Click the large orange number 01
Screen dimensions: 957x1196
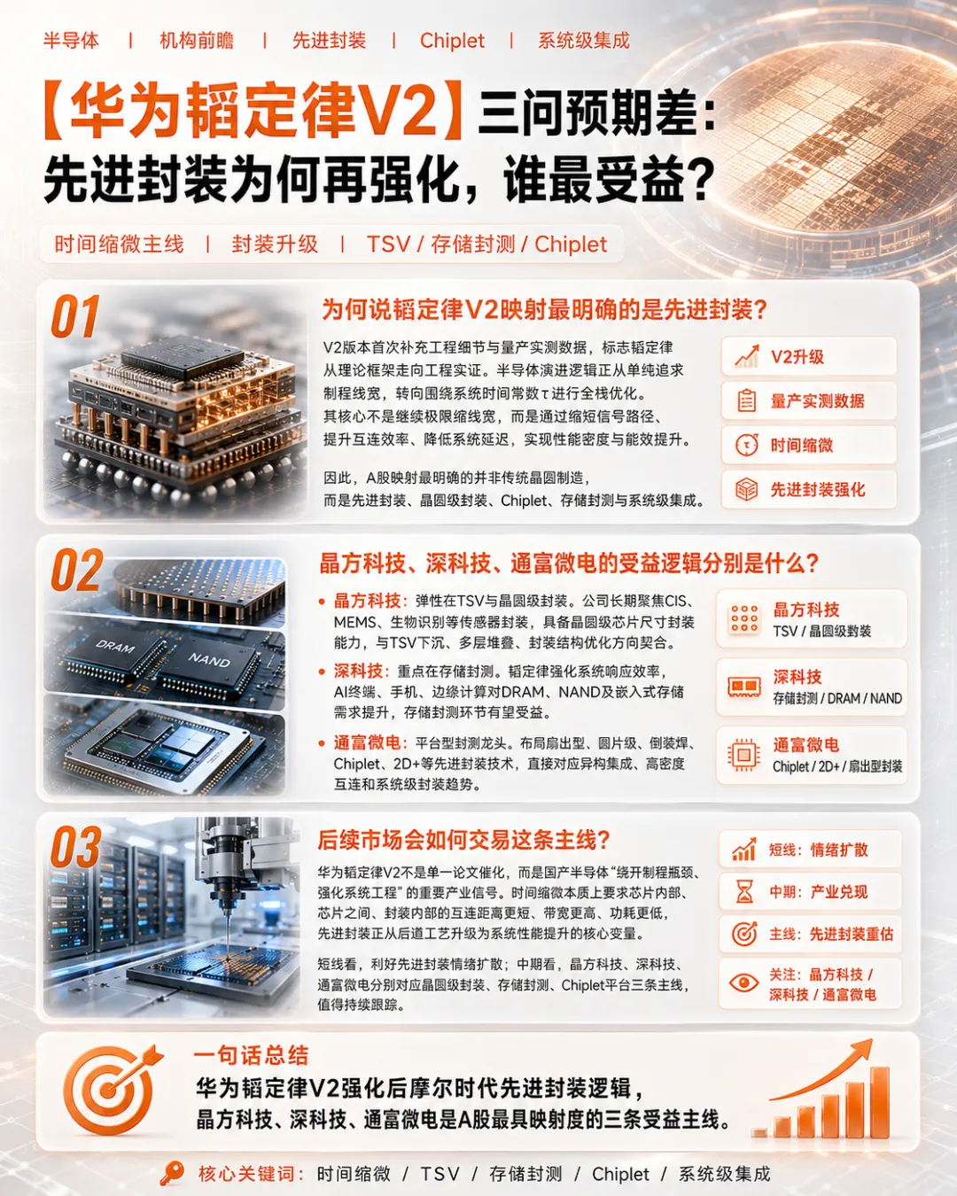[x=74, y=317]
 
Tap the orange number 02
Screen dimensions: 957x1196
[x=77, y=571]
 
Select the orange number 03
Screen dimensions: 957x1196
[x=76, y=847]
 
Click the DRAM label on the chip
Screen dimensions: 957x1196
[x=115, y=647]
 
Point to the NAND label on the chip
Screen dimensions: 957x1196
[x=208, y=660]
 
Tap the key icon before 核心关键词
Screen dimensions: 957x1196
[x=172, y=1173]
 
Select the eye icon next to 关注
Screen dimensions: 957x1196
[x=743, y=982]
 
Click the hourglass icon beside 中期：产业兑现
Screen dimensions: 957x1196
[x=744, y=891]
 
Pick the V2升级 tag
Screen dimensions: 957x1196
[x=808, y=356]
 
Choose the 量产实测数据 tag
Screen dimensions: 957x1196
[x=808, y=400]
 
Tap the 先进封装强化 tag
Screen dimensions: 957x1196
[x=808, y=490]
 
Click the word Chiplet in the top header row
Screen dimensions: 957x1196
[x=452, y=41]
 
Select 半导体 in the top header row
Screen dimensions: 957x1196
[x=71, y=41]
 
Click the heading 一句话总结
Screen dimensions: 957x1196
[x=251, y=1055]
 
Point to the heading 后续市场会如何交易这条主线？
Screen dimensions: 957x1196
[x=463, y=840]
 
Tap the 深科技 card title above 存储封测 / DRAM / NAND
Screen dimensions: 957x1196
[x=797, y=676]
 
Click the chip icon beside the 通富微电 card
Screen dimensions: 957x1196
[x=743, y=755]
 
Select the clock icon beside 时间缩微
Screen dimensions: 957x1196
[x=746, y=445]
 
